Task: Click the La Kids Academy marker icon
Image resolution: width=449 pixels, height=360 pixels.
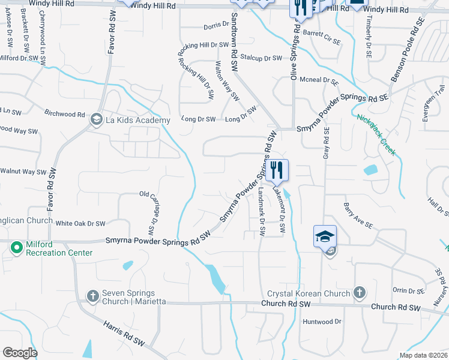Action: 95,120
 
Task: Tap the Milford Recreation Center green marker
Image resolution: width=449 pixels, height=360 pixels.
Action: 17,247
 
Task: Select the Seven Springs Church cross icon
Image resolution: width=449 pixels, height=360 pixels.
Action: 92,295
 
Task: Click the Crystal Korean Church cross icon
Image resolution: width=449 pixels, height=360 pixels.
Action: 359,292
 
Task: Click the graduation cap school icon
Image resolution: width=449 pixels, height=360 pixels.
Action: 325,236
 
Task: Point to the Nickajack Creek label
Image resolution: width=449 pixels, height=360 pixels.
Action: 375,134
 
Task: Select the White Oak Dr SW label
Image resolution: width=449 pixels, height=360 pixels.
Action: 80,223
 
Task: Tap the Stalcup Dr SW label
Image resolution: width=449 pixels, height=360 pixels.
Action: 261,58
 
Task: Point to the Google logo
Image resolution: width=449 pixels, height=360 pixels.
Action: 20,353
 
